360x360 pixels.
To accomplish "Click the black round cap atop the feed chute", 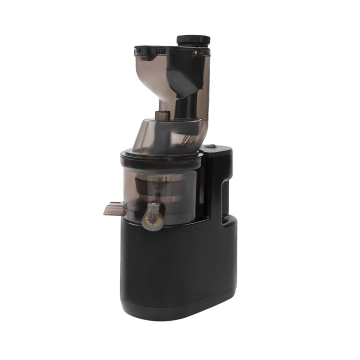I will [193, 40].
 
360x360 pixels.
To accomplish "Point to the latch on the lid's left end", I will [137, 50].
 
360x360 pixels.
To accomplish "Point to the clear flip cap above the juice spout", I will [154, 208].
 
